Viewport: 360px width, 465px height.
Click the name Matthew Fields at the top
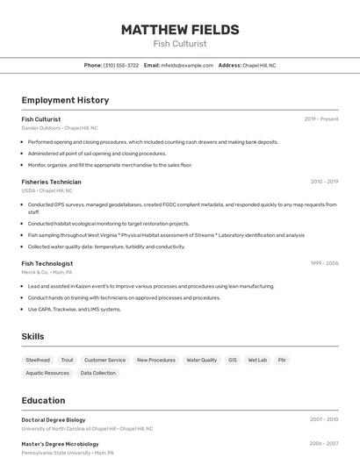pyautogui.click(x=179, y=29)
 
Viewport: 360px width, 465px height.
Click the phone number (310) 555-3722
pyautogui.click(x=121, y=65)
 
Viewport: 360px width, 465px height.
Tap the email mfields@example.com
pyautogui.click(x=186, y=65)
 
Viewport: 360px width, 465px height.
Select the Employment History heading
pyautogui.click(x=65, y=100)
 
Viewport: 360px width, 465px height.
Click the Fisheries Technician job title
pyautogui.click(x=51, y=182)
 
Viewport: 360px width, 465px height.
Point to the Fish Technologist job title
pyautogui.click(x=47, y=263)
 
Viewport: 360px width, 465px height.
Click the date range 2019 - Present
pyautogui.click(x=320, y=119)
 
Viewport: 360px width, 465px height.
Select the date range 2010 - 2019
pyautogui.click(x=324, y=182)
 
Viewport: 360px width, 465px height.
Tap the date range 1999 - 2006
pyautogui.click(x=324, y=263)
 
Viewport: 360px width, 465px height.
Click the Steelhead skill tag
pyautogui.click(x=38, y=360)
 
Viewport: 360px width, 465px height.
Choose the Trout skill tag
pyautogui.click(x=67, y=360)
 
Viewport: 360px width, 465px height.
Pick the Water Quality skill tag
pyautogui.click(x=201, y=360)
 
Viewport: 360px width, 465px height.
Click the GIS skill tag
pyautogui.click(x=233, y=360)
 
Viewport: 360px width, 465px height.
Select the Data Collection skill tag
pyautogui.click(x=97, y=373)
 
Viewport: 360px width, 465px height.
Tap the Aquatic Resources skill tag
pyautogui.click(x=47, y=373)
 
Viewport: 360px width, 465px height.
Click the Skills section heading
pyautogui.click(x=32, y=337)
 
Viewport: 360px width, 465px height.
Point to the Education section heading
pyautogui.click(x=43, y=400)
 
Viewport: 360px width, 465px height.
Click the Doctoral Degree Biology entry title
pyautogui.click(x=54, y=420)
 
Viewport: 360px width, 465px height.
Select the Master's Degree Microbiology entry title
pyautogui.click(x=59, y=444)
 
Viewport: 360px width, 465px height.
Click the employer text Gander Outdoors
pyautogui.click(x=41, y=128)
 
